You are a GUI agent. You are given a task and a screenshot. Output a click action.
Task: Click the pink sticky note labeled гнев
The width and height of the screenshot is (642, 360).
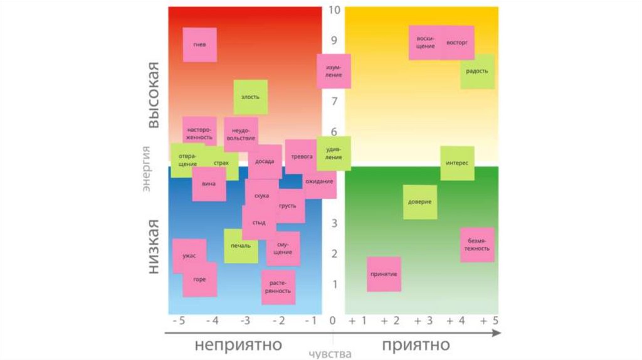coord(199,45)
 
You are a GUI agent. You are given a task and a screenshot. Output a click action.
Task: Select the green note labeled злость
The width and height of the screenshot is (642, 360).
coord(250,97)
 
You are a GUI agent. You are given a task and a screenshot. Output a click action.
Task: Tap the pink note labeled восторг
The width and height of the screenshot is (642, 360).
coord(458,43)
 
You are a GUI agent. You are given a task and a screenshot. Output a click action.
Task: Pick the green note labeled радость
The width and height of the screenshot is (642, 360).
coord(478,71)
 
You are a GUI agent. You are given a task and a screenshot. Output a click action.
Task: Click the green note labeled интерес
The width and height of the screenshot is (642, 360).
coord(457,163)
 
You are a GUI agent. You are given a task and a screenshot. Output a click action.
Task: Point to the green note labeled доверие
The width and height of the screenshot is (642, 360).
coord(419,202)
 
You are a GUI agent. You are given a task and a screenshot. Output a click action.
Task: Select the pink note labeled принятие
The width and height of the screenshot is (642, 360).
coord(384,274)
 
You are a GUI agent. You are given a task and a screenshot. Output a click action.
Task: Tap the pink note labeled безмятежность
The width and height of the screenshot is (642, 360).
coord(477,245)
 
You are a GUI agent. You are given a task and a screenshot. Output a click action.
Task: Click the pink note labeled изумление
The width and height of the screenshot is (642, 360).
coord(334,71)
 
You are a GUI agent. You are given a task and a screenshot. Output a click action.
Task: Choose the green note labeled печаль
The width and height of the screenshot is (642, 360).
coord(241,246)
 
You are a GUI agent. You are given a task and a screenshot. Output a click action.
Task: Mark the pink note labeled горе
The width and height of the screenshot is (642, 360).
coord(200,280)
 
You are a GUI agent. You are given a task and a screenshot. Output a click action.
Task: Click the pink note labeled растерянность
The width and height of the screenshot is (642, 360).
coord(278,287)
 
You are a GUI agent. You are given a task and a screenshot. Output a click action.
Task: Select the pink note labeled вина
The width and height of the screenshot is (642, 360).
coord(209,184)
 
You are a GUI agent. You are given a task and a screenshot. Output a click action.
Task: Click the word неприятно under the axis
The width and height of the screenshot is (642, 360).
coord(238,345)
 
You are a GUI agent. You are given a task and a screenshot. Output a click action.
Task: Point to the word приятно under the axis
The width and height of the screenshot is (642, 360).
coord(416,345)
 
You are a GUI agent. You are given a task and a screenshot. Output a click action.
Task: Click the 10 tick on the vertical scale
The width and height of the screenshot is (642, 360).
coord(334,10)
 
